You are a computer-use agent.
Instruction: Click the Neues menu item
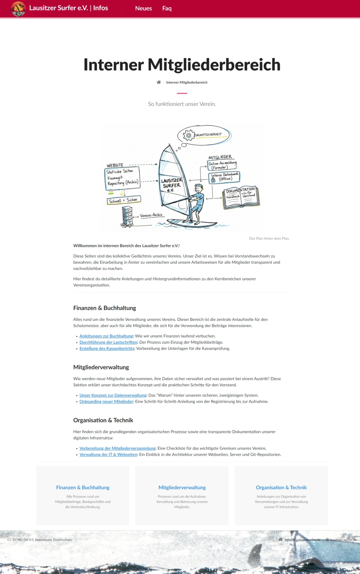coord(143,8)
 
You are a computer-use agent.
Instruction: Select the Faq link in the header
coord(167,8)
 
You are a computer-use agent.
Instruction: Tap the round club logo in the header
coord(18,9)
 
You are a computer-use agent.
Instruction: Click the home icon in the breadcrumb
coord(158,82)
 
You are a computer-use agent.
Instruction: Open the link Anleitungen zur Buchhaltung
coord(106,336)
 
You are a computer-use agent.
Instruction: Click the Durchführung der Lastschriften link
coord(108,342)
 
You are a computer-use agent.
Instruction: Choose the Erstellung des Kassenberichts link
coord(107,348)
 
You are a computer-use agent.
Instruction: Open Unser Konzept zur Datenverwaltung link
coord(113,395)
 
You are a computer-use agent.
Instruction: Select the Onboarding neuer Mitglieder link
coord(106,401)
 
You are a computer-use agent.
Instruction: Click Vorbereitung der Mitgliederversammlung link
coord(118,448)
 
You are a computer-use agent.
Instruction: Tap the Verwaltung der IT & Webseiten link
coord(108,455)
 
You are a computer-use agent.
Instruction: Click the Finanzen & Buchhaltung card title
coord(83,488)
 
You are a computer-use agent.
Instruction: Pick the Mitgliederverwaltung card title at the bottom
coord(182,488)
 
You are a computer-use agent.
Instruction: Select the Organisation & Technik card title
coord(281,488)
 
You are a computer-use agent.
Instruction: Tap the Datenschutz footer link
coord(62,540)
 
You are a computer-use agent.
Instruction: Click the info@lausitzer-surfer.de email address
coord(302,540)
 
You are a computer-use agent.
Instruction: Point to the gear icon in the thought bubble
coord(189,135)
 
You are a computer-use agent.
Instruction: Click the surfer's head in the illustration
coord(198,188)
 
